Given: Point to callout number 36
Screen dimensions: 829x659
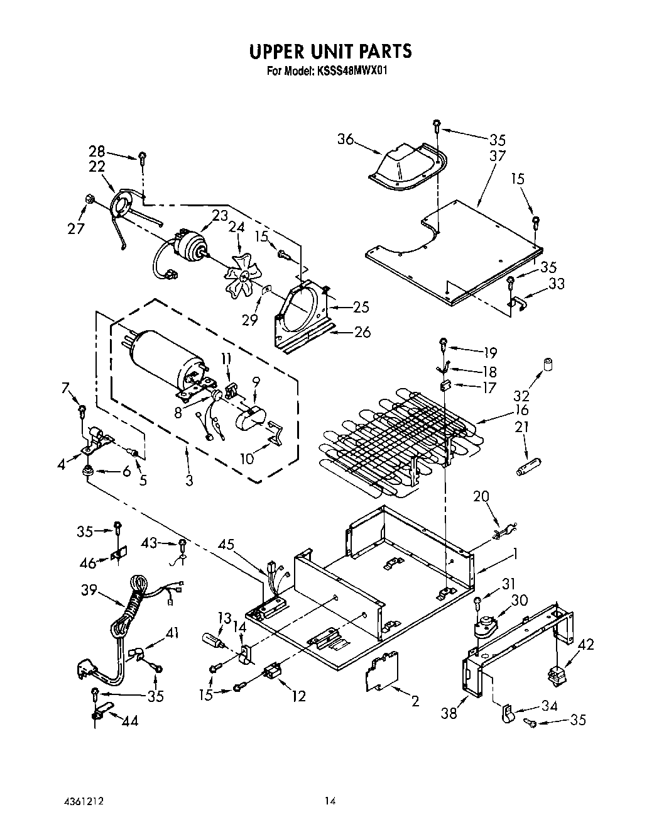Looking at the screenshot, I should [346, 140].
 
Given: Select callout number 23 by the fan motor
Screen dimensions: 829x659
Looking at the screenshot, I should [219, 216].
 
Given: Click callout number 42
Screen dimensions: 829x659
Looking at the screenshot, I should [585, 645].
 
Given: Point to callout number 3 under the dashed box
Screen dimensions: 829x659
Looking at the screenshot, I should [188, 481].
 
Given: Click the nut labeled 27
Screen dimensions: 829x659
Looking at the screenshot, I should [90, 199].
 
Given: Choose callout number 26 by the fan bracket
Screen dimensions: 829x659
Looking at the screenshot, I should [362, 332].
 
